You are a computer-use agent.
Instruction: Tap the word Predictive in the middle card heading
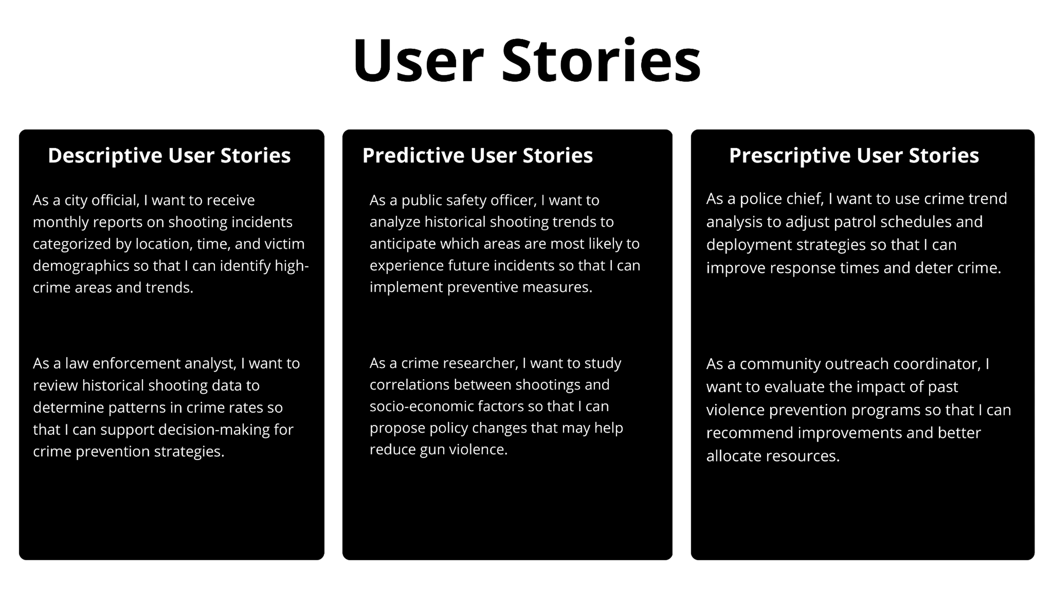pos(413,156)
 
